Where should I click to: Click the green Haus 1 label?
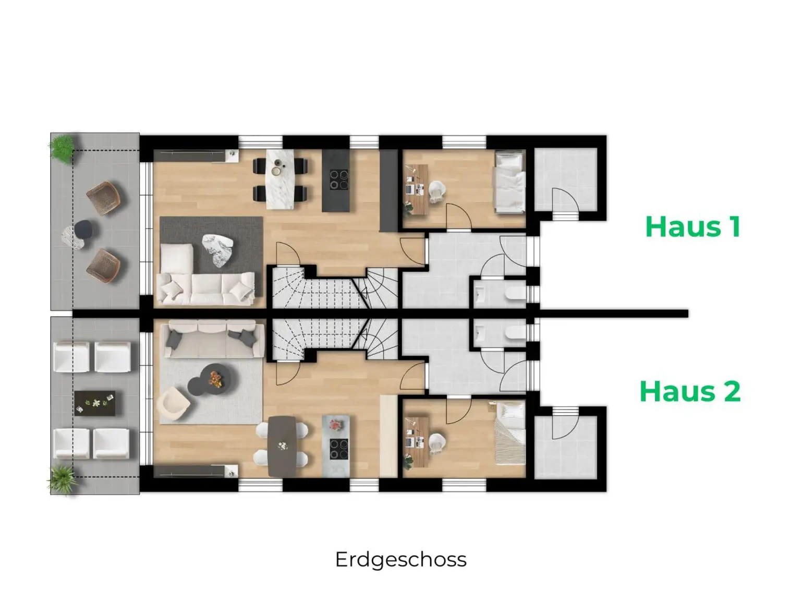[693, 227]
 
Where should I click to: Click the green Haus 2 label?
[689, 391]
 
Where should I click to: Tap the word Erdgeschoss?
[400, 559]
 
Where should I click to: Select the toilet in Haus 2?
[513, 334]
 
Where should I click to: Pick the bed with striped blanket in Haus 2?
[509, 432]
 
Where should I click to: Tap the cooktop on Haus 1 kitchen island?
[338, 180]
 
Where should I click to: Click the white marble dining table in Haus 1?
[280, 179]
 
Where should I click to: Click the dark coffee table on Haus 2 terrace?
[94, 403]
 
